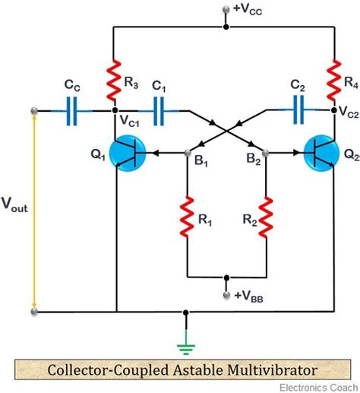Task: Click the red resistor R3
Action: pyautogui.click(x=114, y=81)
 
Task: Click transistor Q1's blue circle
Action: pyautogui.click(x=112, y=153)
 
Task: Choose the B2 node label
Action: pyautogui.click(x=251, y=162)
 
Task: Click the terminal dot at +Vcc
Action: pyautogui.click(x=226, y=10)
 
